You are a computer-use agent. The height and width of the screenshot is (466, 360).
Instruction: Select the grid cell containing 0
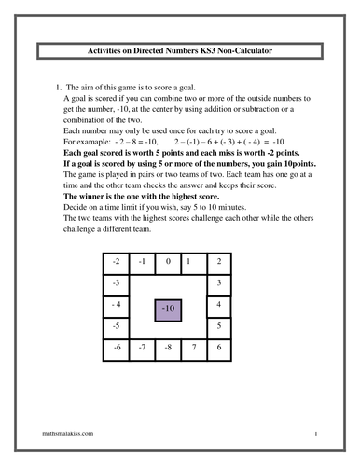[x=168, y=261]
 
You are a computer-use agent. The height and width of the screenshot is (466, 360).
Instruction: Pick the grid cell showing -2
[x=116, y=261]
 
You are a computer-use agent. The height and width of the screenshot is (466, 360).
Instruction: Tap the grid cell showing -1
[x=142, y=261]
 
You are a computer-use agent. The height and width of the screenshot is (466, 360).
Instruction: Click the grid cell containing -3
[x=116, y=283]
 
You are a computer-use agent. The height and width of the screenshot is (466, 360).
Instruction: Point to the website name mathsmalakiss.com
[x=68, y=433]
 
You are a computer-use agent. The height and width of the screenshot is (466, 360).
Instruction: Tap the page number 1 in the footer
[x=316, y=433]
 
